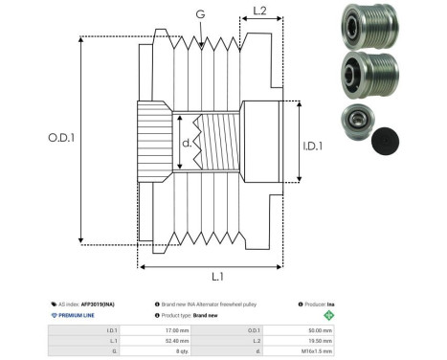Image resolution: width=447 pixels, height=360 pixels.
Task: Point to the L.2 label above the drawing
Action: click(x=258, y=11)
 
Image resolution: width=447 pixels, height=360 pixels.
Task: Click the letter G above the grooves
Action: click(x=199, y=14)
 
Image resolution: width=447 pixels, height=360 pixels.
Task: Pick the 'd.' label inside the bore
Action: click(x=188, y=145)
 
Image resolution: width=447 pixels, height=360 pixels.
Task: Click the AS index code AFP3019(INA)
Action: click(x=100, y=302)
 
